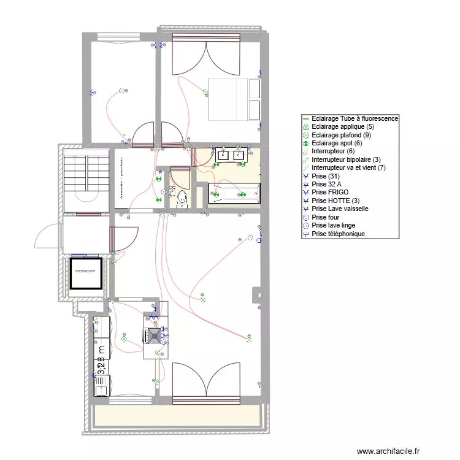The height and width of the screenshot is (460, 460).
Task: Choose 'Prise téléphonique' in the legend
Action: point(338,234)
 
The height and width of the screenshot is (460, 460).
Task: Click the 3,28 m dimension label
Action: point(102,359)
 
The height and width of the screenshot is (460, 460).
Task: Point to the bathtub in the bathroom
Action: point(235,195)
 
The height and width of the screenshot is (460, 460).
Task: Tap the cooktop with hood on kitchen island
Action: point(153,335)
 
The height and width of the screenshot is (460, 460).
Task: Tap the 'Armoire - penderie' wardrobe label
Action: point(122,180)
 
